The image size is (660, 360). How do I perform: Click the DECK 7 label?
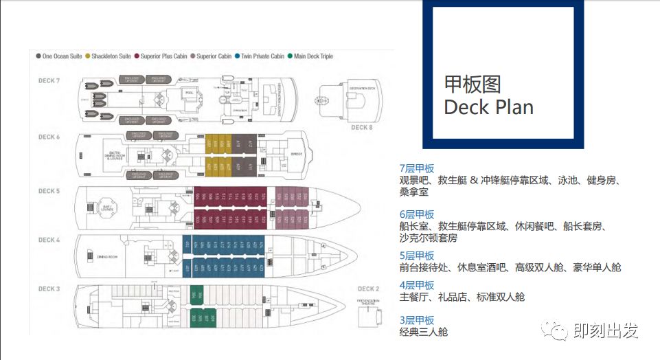click(49, 81)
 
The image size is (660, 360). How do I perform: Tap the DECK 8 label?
click(362, 127)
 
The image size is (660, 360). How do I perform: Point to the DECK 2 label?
click(368, 289)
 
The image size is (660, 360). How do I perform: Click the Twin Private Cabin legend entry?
click(259, 56)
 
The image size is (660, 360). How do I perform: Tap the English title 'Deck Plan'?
click(488, 107)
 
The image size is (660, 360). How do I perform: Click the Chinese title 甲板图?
click(473, 84)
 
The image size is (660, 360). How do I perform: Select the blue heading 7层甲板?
click(417, 169)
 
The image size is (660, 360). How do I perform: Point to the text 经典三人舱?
click(424, 333)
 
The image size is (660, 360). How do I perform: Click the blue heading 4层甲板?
click(417, 285)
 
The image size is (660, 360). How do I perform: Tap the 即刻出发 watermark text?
click(606, 330)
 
